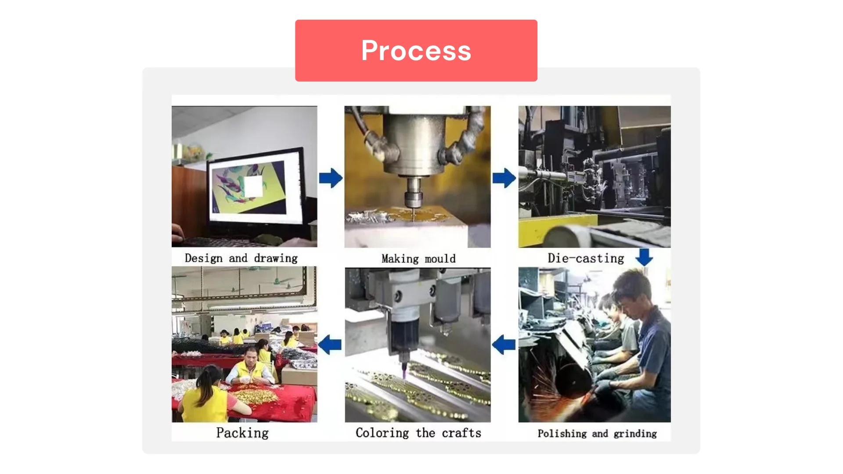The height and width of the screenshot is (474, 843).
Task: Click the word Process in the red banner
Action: click(x=416, y=50)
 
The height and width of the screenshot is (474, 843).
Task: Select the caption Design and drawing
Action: click(x=241, y=258)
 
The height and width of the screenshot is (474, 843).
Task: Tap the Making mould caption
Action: click(x=418, y=259)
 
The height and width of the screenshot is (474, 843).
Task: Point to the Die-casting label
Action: click(x=586, y=258)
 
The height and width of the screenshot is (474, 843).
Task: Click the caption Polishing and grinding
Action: click(x=597, y=434)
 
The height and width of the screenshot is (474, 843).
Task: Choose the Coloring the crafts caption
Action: click(x=418, y=433)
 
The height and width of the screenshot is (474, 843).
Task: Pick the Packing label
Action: click(x=242, y=433)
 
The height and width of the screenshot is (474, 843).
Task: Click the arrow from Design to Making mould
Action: click(x=331, y=178)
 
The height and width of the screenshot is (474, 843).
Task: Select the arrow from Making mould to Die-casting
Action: click(x=504, y=178)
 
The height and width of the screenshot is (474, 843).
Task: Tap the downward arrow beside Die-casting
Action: click(x=644, y=257)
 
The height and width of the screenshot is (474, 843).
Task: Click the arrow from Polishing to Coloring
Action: click(x=504, y=345)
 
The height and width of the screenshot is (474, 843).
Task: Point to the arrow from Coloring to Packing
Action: click(x=330, y=345)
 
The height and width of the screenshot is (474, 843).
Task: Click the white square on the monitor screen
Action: click(x=253, y=186)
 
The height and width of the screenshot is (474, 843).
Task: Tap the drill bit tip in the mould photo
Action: click(x=413, y=215)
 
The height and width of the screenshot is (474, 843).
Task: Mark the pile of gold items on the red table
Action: click(x=255, y=396)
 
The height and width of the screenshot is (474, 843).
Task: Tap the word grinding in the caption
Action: click(x=635, y=434)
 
